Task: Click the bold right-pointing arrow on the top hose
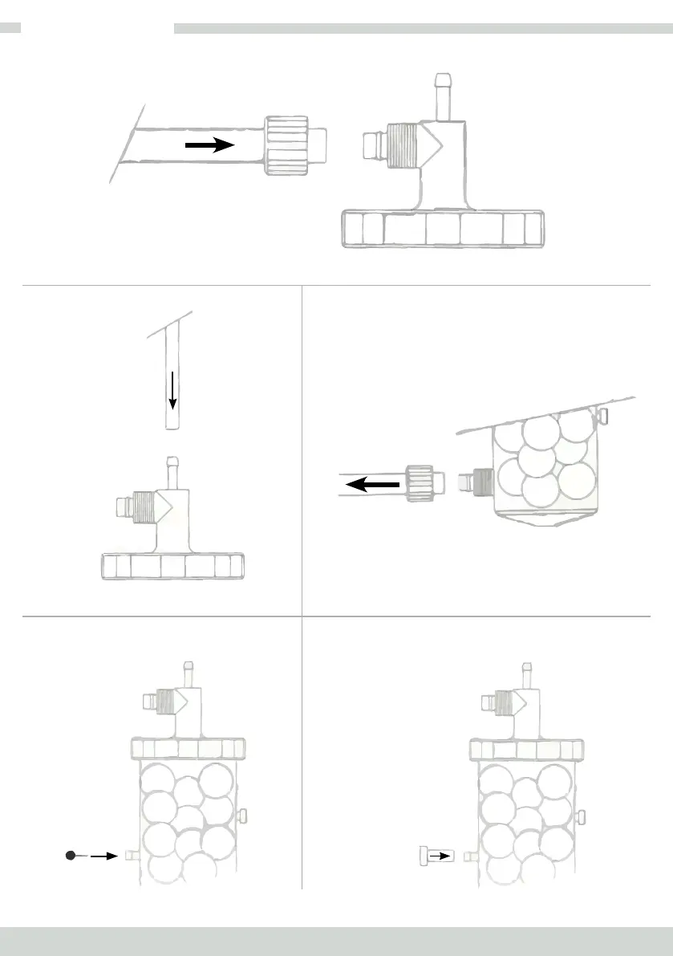click(209, 144)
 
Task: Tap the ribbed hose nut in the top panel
click(287, 144)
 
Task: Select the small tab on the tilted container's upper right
click(605, 415)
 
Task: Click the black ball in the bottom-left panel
click(71, 856)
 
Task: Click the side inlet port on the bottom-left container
click(132, 856)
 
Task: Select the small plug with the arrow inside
click(436, 856)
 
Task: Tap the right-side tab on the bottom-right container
click(582, 816)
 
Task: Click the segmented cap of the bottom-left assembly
click(189, 750)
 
